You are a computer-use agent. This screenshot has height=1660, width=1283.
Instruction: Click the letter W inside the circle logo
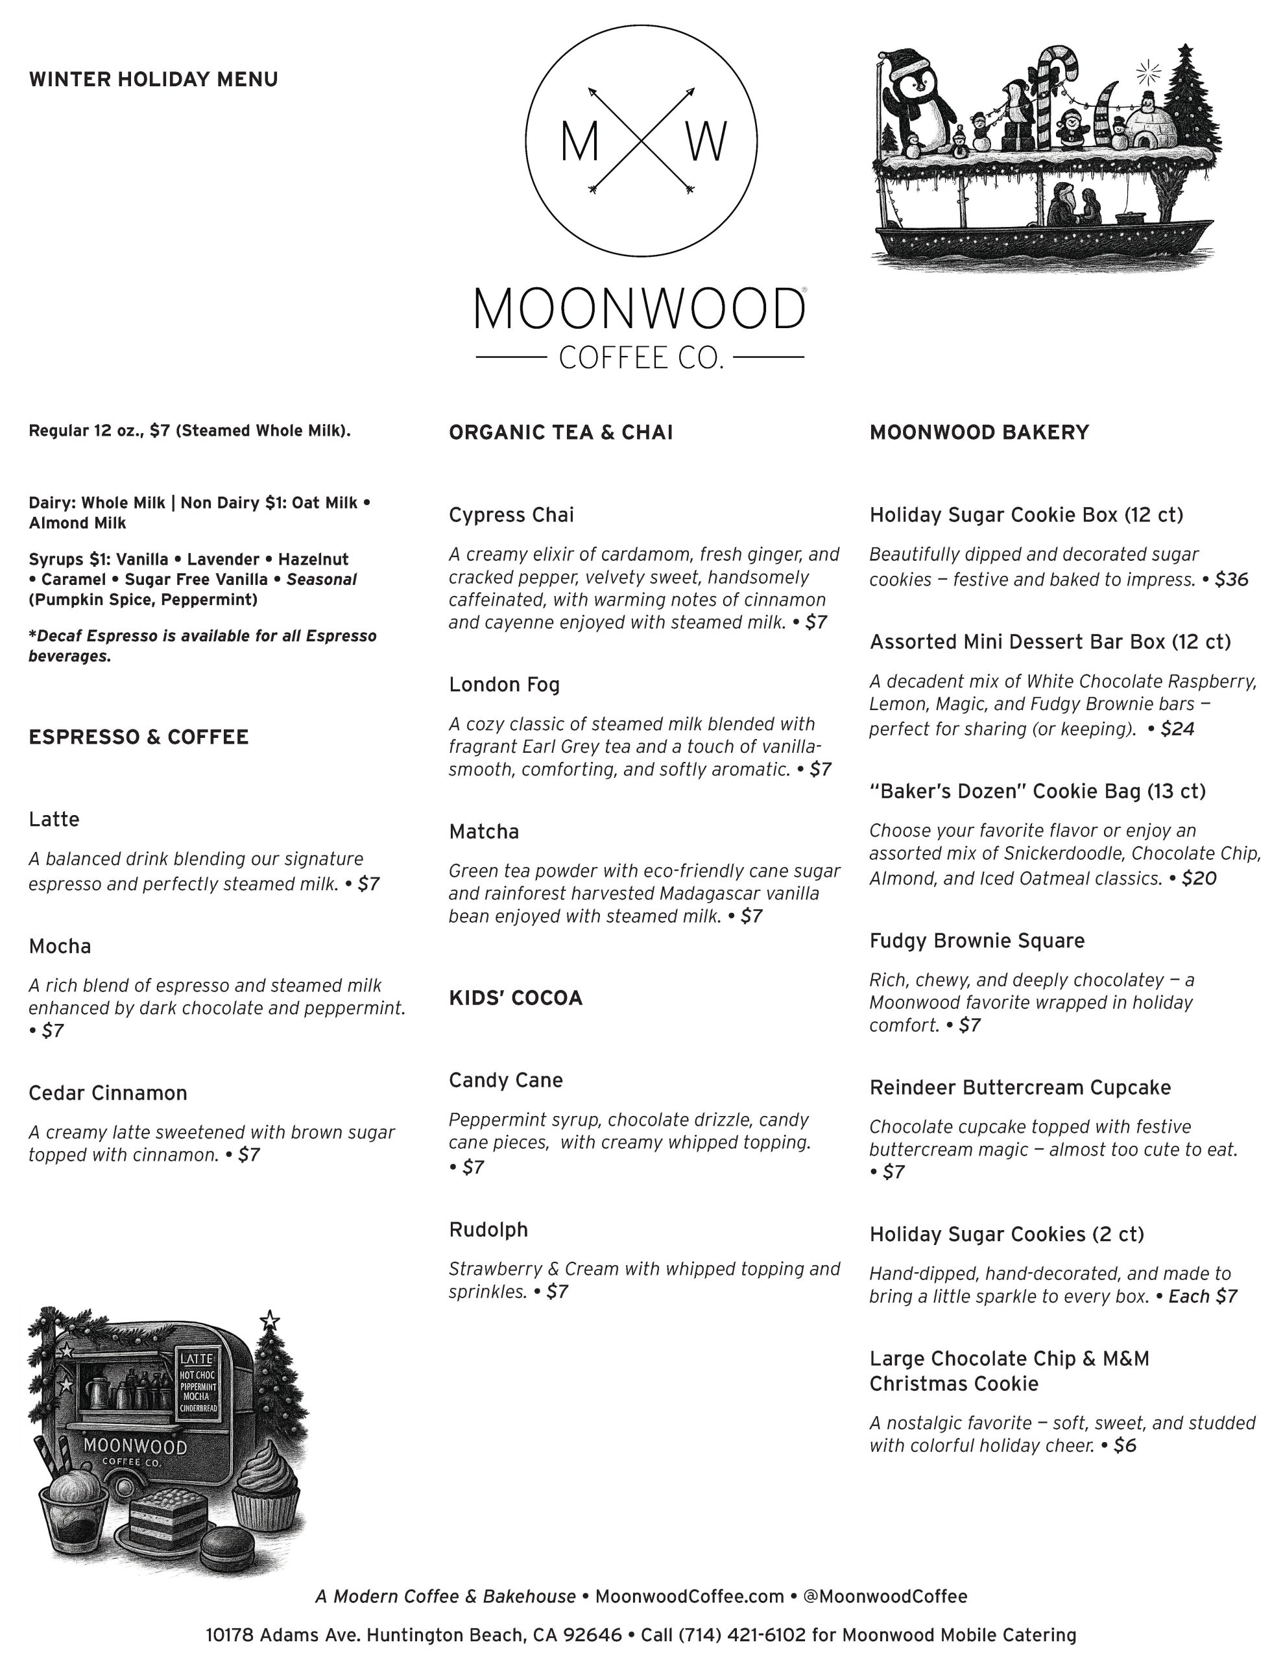click(706, 142)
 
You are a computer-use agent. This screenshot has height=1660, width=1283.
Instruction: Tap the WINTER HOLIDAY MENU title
click(153, 79)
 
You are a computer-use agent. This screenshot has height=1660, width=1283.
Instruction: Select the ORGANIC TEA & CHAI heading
click(560, 433)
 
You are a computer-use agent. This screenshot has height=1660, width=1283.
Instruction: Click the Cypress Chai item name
click(511, 515)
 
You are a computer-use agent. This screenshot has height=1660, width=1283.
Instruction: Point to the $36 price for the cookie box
click(1231, 579)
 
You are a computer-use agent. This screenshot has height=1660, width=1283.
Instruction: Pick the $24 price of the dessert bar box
click(1177, 729)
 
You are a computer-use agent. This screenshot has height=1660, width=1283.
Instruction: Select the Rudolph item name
click(488, 1229)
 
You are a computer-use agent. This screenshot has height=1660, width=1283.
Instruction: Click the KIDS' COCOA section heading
click(516, 998)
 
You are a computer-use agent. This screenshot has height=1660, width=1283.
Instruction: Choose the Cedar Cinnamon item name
click(108, 1093)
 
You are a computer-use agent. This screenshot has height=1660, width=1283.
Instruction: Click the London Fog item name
click(504, 684)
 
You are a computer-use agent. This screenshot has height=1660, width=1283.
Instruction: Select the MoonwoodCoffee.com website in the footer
click(689, 1596)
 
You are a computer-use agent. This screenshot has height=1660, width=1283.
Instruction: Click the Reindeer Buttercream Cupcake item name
click(1020, 1087)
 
